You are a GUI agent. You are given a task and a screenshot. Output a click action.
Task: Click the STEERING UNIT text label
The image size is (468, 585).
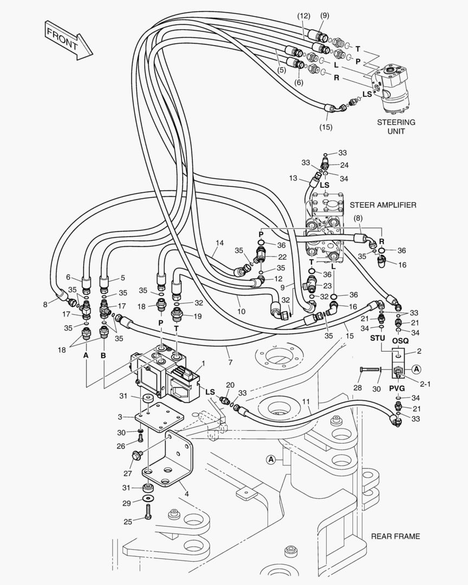(x=396, y=127)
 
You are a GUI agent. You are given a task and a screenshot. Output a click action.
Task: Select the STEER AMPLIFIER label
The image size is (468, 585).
(x=383, y=205)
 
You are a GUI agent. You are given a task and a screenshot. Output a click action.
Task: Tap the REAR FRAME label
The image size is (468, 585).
(x=395, y=536)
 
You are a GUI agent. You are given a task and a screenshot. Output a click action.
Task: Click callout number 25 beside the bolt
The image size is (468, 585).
(x=127, y=522)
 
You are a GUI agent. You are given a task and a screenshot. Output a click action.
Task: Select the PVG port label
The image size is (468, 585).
(x=397, y=388)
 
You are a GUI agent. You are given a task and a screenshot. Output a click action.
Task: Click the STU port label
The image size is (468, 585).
(x=378, y=339)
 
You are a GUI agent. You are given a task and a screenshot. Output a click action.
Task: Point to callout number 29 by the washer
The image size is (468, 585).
(x=127, y=504)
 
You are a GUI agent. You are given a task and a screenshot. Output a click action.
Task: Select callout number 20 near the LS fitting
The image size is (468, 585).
(x=230, y=385)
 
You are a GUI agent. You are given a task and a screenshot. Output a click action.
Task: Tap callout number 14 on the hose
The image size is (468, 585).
(x=219, y=243)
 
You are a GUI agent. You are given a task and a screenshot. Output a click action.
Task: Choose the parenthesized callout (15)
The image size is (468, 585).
(x=326, y=127)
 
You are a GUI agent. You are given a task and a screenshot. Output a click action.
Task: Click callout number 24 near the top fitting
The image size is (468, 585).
(x=344, y=164)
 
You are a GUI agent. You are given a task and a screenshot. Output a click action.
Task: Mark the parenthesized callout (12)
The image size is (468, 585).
(x=303, y=16)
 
